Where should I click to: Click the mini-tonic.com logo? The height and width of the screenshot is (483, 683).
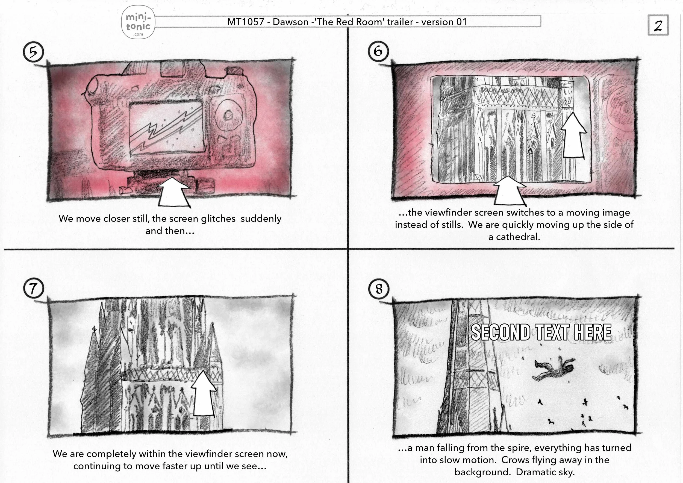point(138,22)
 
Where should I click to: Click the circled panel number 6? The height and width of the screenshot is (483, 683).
point(378,51)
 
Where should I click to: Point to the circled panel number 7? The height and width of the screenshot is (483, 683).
point(33,288)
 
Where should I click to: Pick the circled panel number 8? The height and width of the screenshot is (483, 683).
point(378,289)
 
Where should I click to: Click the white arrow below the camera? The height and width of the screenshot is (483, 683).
point(174,192)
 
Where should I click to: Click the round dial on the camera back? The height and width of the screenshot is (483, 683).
point(228,114)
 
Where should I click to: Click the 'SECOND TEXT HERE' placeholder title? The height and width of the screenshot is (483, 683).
point(541,332)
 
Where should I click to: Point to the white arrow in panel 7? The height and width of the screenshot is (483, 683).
point(204,393)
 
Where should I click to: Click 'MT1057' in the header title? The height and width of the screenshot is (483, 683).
point(246,22)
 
